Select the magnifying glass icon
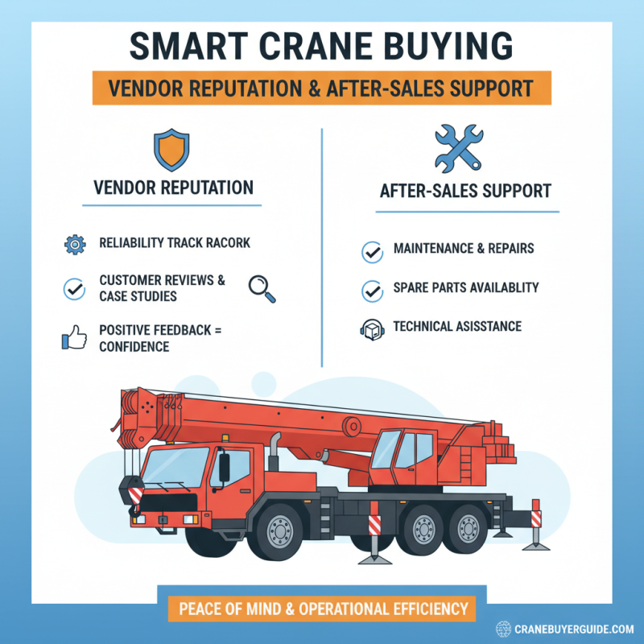[x=262, y=288]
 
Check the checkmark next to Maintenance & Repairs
[x=372, y=252]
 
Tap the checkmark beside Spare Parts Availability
[x=372, y=291]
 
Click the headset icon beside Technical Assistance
[x=372, y=329]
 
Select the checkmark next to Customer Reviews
[x=72, y=287]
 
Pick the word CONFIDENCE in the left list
[x=134, y=346]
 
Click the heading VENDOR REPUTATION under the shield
[x=173, y=188]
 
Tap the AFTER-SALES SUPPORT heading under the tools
[x=465, y=192]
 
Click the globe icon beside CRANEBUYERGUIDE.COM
[x=504, y=628]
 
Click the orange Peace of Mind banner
[x=322, y=608]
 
